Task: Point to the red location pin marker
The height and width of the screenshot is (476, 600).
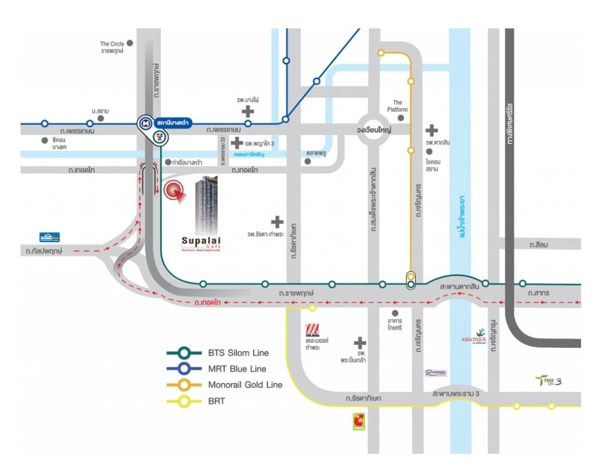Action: (x=175, y=191)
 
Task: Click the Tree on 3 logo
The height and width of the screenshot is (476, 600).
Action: (x=548, y=381)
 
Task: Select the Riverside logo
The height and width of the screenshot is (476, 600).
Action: (x=436, y=373)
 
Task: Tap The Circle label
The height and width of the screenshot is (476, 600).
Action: (x=112, y=47)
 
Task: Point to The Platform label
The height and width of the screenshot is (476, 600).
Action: (x=398, y=106)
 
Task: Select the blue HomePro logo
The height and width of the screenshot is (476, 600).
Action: (x=49, y=237)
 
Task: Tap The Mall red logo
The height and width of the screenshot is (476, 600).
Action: (x=313, y=330)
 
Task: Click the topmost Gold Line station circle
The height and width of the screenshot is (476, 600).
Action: (x=381, y=53)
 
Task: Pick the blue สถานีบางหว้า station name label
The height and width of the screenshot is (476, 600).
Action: (x=172, y=122)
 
